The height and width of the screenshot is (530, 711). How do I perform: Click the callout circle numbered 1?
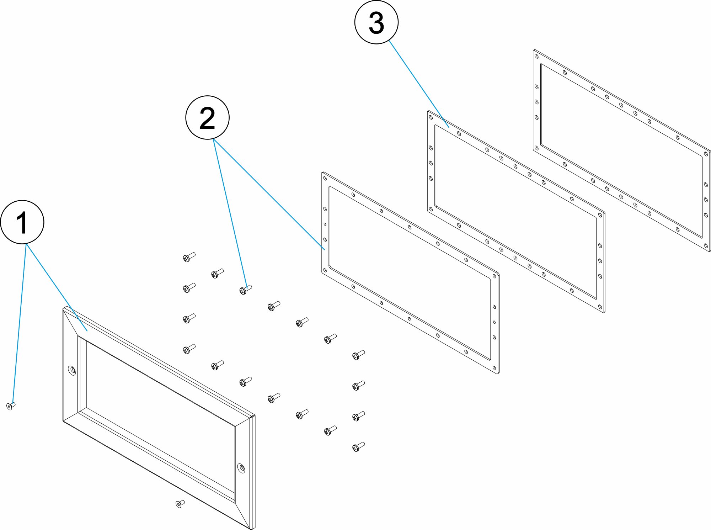[22, 222]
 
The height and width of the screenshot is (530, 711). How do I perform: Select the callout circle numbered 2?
[207, 118]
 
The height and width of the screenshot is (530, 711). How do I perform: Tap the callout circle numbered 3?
[376, 22]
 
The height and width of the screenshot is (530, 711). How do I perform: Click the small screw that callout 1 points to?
[11, 406]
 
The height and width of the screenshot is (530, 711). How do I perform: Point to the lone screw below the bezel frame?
[180, 504]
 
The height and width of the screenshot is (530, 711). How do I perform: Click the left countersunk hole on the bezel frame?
[72, 371]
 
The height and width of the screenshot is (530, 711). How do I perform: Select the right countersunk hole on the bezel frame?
[241, 468]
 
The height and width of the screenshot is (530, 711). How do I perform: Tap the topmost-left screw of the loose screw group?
[189, 257]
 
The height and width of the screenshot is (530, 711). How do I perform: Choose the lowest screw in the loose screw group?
[358, 447]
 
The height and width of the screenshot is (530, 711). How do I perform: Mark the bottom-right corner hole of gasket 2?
[495, 368]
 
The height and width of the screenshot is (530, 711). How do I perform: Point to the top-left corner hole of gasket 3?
[431, 117]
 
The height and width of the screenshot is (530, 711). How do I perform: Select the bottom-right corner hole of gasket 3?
[600, 307]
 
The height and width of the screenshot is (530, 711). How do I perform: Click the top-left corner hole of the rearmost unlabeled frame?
[536, 56]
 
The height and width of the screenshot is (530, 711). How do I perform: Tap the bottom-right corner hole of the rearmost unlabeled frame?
[706, 245]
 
